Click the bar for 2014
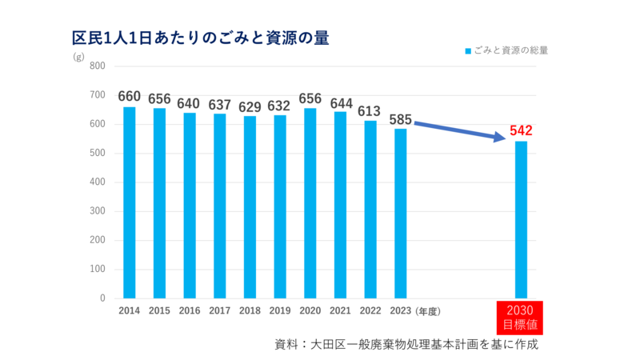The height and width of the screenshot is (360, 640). pos(130,202)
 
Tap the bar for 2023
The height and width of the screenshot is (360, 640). pos(401,214)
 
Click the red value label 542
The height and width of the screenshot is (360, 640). pos(521,130)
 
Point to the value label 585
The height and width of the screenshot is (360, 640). pos(401,119)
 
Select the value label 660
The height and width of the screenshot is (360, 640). pos(130,97)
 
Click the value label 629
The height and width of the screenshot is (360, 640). pos(250,106)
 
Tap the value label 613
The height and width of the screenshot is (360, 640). pos(370,111)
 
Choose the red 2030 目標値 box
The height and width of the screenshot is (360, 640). pos(521,318)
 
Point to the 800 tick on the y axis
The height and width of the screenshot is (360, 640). pos(98,66)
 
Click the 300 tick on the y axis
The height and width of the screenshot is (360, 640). pos(98,211)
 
